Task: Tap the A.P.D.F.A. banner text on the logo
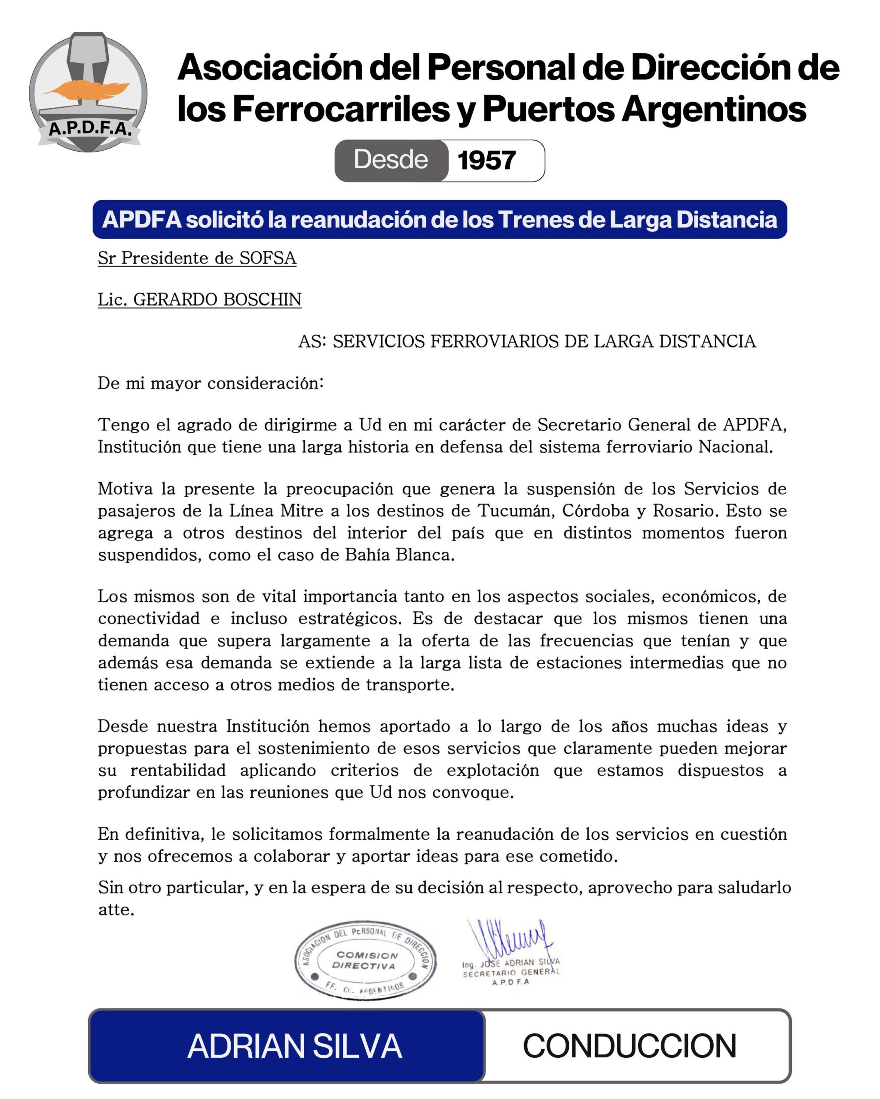point(90,128)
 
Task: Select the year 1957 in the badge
point(486,161)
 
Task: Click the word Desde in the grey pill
point(391,160)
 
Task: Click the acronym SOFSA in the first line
point(268,258)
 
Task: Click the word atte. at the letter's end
point(116,910)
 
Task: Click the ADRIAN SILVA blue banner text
point(294,1047)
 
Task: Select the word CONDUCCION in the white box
point(629,1047)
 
